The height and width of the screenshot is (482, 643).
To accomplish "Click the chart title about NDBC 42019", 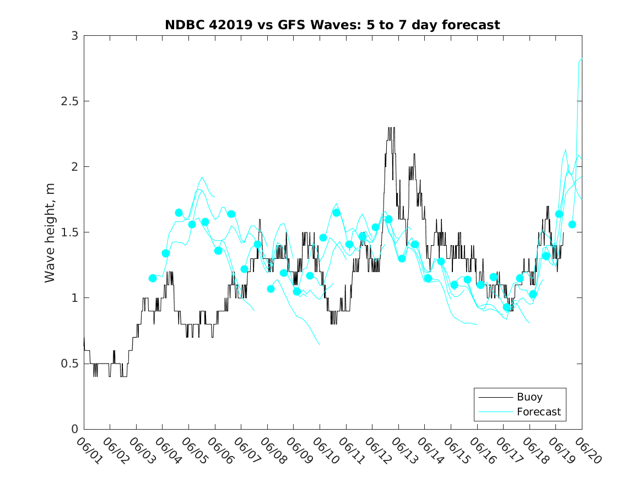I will click(x=332, y=25).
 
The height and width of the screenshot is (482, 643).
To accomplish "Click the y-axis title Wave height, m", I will click(x=50, y=232).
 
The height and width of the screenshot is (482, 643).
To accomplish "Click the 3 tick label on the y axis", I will click(x=74, y=36).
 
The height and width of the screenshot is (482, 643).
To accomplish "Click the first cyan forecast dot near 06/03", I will click(x=153, y=278).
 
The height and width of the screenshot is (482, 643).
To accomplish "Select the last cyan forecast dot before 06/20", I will click(x=572, y=224).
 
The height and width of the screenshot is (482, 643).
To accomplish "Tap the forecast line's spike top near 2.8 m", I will click(x=581, y=59).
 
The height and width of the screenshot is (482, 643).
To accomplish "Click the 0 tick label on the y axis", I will click(x=74, y=429).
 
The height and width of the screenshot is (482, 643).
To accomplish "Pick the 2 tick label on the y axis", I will click(x=74, y=167).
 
